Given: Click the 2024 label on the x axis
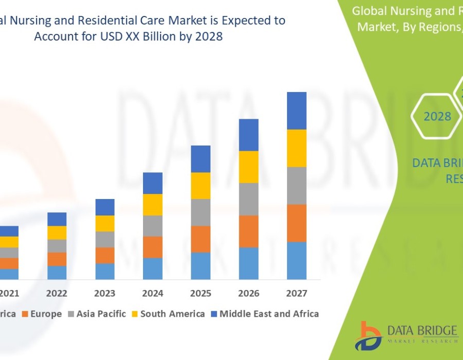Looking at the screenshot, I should (153, 294).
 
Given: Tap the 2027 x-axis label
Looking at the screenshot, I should (296, 294).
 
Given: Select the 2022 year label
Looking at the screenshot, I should (57, 294).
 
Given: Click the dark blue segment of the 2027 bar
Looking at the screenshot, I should (296, 111).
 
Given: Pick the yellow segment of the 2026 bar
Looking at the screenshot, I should (248, 167).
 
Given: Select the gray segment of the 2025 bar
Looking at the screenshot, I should (201, 212).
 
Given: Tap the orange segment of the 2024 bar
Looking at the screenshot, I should (153, 247).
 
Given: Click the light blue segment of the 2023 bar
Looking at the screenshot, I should (105, 272).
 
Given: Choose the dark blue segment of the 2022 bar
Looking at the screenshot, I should (57, 219).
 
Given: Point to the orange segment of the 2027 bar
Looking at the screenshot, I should (296, 223).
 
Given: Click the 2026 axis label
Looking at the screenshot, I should (248, 294).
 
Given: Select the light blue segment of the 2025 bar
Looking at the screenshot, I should (201, 266).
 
